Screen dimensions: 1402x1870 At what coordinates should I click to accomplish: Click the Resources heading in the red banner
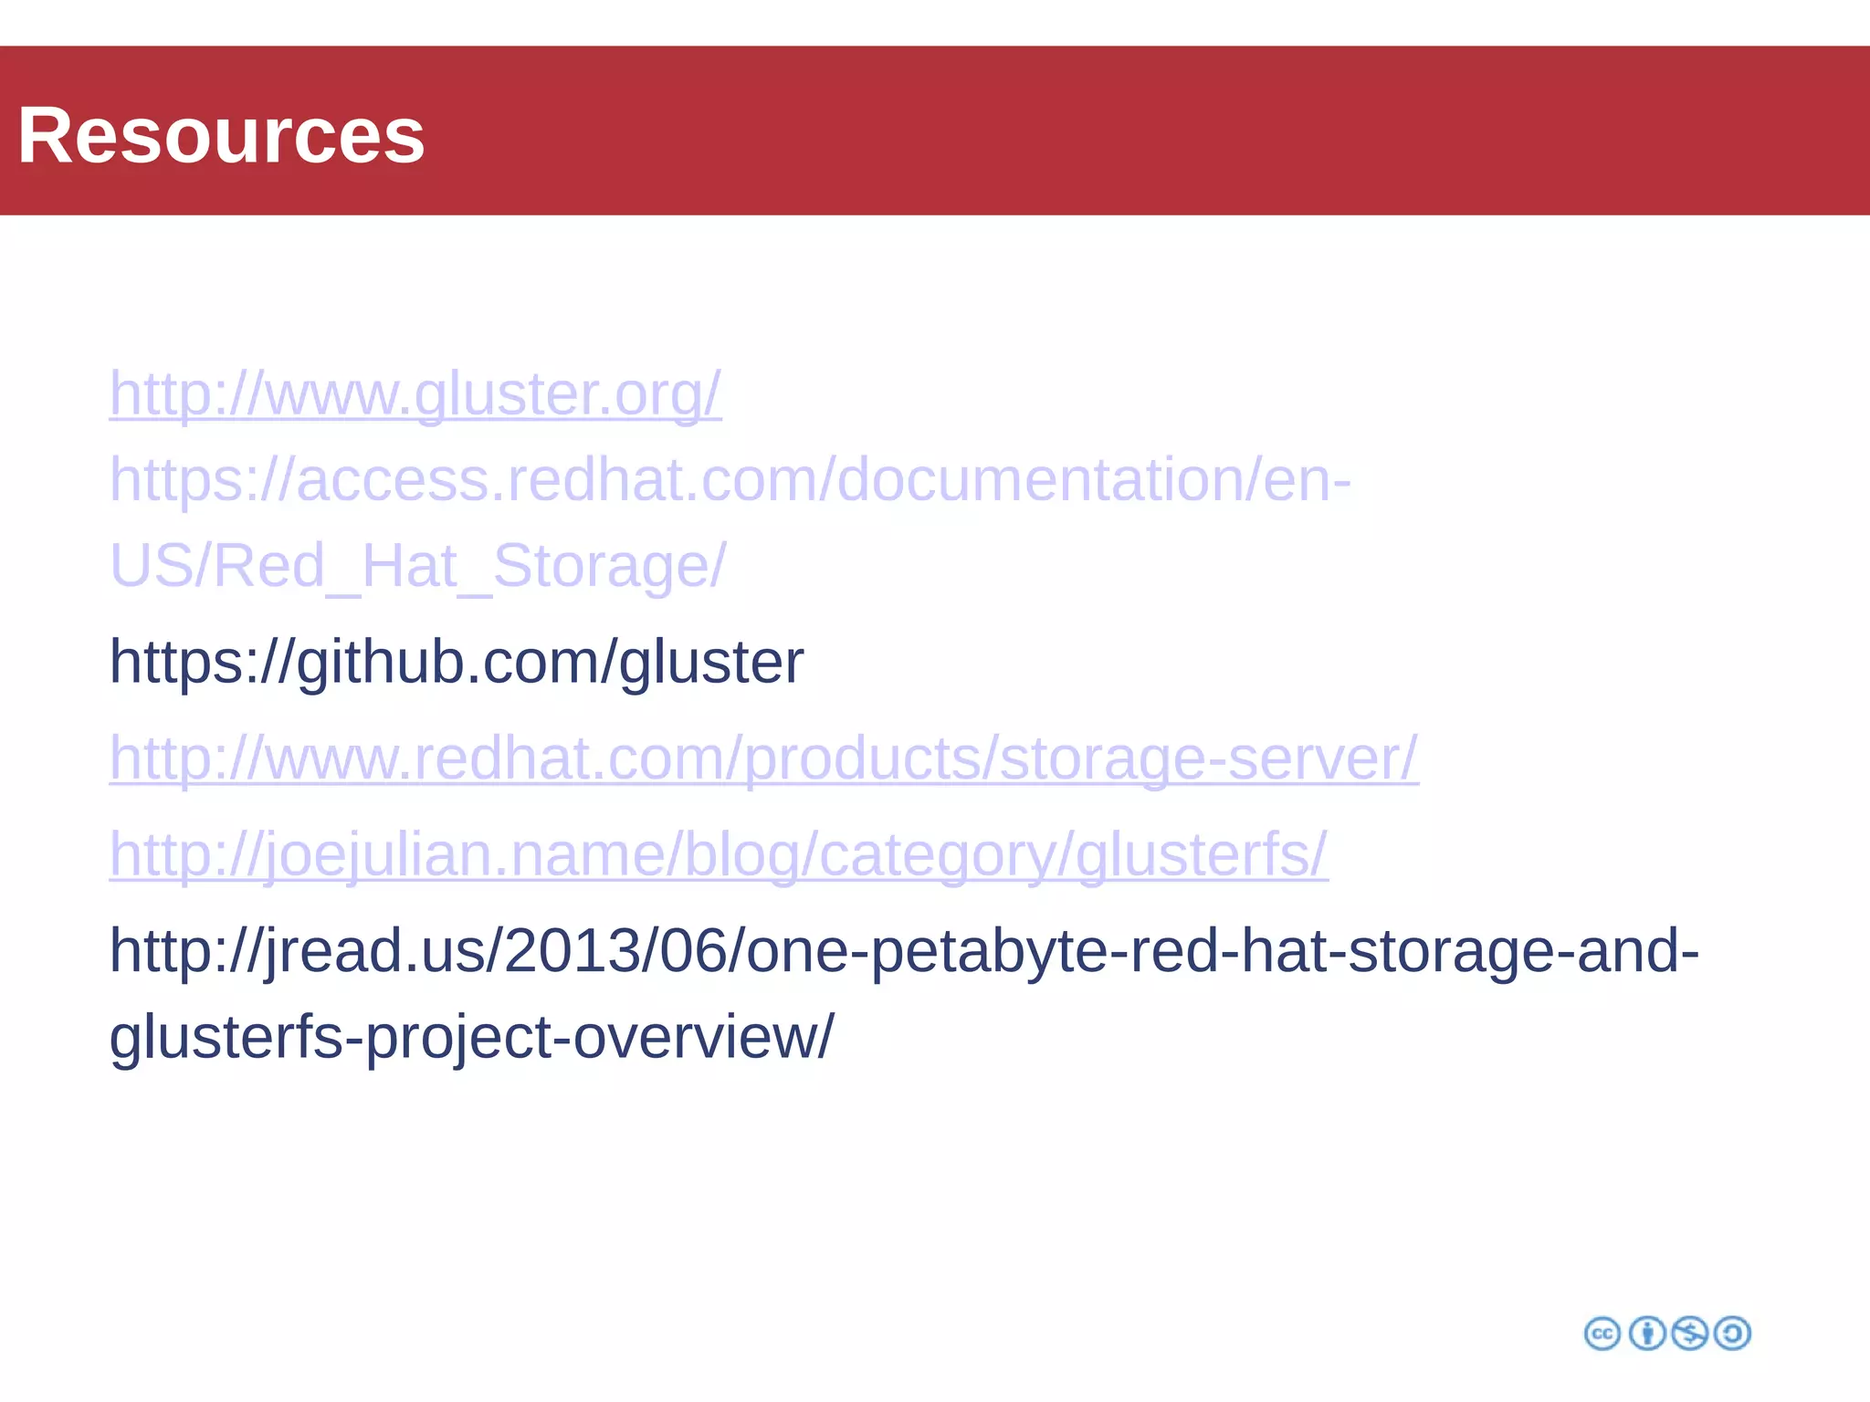pyautogui.click(x=221, y=135)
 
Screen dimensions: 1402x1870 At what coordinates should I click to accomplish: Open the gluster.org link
pyautogui.click(x=415, y=394)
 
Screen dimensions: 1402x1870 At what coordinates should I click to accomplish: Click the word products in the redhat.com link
pyautogui.click(x=867, y=759)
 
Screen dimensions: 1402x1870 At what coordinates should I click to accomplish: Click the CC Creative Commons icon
pyautogui.click(x=1602, y=1334)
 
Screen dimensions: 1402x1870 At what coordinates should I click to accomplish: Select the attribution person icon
pyautogui.click(x=1647, y=1334)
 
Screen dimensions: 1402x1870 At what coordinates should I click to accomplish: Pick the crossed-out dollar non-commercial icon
pyautogui.click(x=1690, y=1334)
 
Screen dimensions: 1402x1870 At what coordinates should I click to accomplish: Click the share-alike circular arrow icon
pyautogui.click(x=1733, y=1334)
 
